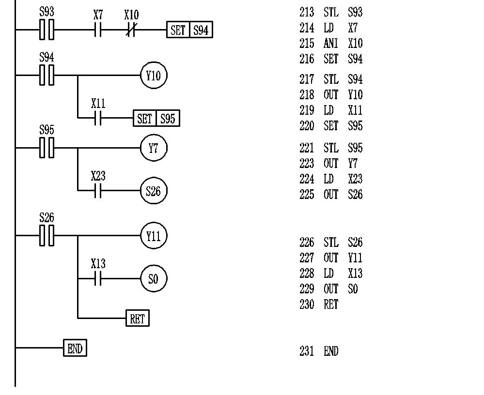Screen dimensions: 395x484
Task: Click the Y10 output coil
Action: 154,76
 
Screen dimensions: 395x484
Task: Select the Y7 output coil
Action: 154,149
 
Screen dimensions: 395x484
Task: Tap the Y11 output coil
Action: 154,236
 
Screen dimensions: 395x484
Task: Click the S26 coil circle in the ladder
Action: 154,191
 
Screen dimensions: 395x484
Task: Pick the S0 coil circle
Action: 154,279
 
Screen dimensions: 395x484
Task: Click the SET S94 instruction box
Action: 189,30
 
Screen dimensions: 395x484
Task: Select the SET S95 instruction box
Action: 156,118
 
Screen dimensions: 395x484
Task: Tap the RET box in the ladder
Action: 138,319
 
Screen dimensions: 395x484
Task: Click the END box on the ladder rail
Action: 75,348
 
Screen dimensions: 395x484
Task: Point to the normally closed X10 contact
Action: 131,30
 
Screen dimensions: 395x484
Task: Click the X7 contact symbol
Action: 98,30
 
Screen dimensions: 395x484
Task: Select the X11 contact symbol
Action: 98,118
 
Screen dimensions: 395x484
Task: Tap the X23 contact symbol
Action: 98,191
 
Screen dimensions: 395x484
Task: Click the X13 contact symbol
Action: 98,279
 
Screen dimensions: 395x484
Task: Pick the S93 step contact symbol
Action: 47,30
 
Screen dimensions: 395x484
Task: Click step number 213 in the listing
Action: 307,12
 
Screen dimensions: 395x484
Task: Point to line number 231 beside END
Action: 307,351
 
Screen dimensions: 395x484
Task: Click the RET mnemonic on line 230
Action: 331,305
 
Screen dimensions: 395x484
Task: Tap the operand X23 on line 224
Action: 355,179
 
